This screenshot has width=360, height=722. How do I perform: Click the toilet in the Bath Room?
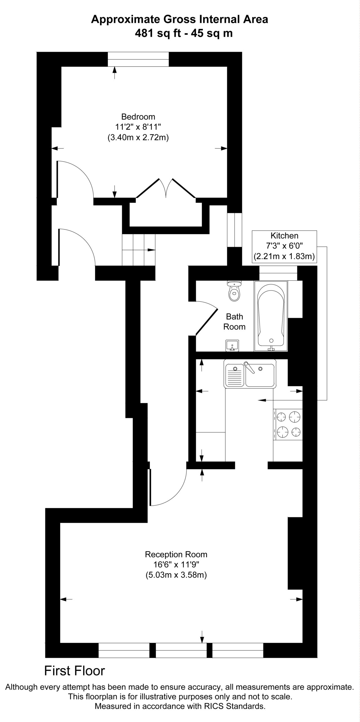click(234, 291)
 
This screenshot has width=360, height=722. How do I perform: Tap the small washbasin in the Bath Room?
click(232, 346)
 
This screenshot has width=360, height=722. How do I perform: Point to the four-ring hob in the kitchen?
click(288, 424)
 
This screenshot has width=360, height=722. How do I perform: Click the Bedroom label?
click(138, 116)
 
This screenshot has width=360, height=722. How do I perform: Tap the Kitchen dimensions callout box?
click(284, 246)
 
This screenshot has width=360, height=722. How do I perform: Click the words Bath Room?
click(234, 322)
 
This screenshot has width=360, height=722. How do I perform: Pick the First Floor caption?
click(75, 671)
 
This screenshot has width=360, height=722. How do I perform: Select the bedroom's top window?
click(138, 59)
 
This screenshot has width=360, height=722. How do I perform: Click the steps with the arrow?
click(138, 250)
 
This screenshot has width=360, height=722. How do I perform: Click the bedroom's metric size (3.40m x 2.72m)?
click(138, 138)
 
